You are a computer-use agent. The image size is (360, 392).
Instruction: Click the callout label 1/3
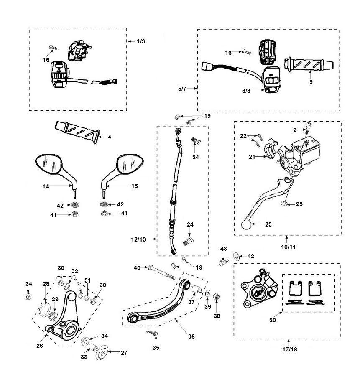coord(141,41)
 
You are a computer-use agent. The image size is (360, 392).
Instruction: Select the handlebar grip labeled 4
coord(77,132)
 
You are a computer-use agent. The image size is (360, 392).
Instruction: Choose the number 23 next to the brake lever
coord(268,224)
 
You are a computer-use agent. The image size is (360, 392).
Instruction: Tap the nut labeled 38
coord(217,297)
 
